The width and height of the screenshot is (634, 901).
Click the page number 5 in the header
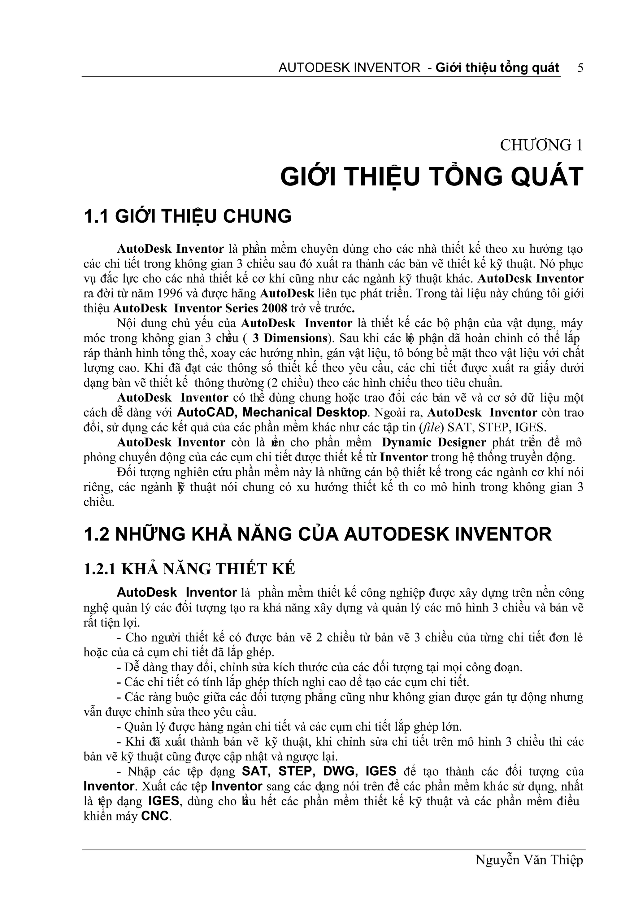point(580,68)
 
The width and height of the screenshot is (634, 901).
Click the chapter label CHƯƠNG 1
point(541,145)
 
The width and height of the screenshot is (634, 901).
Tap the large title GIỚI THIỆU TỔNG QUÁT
point(432,177)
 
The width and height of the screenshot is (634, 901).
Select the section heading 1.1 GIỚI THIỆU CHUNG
point(188,216)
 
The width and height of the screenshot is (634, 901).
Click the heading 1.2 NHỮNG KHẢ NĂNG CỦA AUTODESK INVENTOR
point(318,534)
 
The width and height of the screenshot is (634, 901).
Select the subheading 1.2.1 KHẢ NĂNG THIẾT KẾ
point(189,569)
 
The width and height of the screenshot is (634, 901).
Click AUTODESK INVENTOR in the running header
point(349,68)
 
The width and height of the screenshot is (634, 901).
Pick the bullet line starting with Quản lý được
point(289,727)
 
